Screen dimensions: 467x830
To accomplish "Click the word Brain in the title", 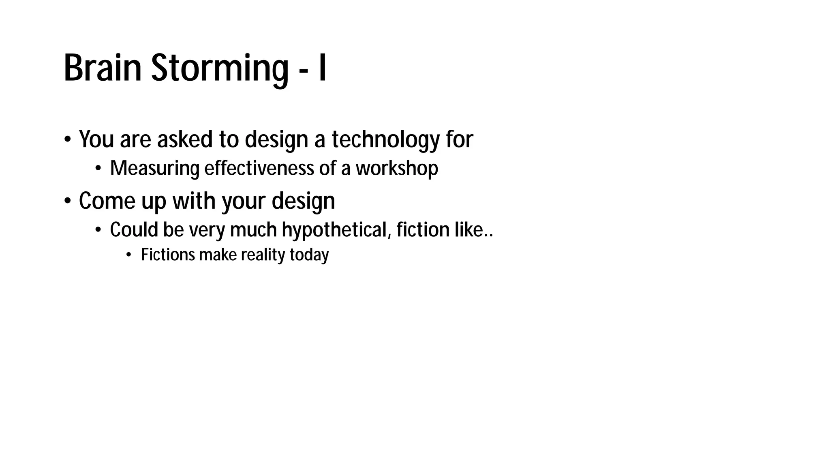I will click(103, 68).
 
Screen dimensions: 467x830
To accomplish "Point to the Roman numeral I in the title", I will click(323, 68).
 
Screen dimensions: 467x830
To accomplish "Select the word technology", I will click(385, 139).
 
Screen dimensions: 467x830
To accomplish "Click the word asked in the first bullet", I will click(185, 139).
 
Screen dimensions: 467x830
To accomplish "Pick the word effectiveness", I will click(259, 169).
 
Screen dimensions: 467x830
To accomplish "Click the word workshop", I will click(397, 169).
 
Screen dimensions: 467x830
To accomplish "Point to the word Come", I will click(107, 201).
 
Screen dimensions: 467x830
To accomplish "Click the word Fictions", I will click(168, 255).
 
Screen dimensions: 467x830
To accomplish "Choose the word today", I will click(309, 255).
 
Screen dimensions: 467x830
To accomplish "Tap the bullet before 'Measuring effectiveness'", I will click(98, 169).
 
